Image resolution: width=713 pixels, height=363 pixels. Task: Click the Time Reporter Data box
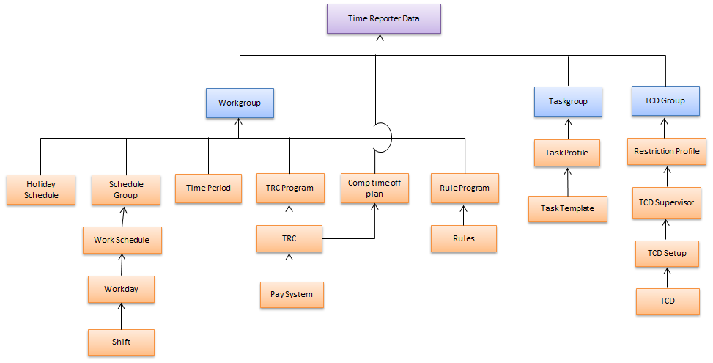(384, 18)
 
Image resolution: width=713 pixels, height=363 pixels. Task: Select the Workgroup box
(240, 103)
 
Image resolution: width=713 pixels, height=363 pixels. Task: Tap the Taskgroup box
(568, 102)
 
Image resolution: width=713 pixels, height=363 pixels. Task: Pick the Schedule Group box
(126, 189)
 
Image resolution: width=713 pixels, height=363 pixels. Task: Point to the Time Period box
(208, 188)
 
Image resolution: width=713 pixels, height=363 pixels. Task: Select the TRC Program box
(289, 188)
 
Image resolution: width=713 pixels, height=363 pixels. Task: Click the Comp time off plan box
(375, 188)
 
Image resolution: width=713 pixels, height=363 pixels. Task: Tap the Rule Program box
(464, 188)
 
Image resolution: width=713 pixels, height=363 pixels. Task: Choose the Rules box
(464, 238)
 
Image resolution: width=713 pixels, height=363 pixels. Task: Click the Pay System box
(291, 294)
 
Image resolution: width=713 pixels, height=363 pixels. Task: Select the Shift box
(122, 342)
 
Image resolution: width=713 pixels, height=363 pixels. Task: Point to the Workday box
(122, 289)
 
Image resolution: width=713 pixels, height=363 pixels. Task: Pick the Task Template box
(568, 208)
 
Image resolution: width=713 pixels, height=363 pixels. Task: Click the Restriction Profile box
(667, 152)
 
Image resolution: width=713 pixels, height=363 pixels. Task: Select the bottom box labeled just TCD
(667, 301)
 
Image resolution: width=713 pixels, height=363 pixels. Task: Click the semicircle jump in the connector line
(385, 137)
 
